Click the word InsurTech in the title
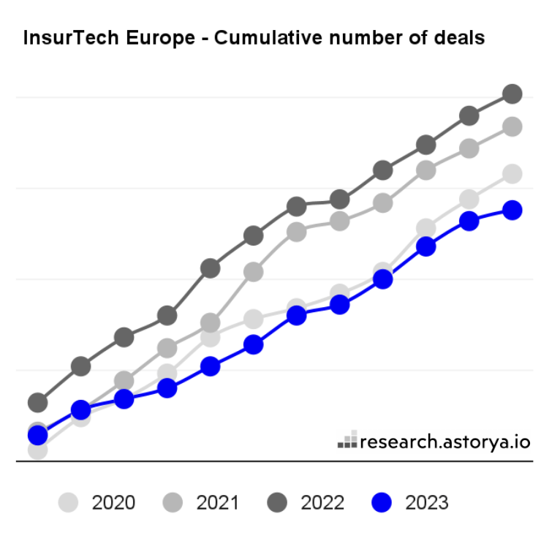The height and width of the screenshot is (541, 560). pyautogui.click(x=65, y=38)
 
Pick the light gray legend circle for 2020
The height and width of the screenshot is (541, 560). pyautogui.click(x=68, y=503)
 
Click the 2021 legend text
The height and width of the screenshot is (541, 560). pyautogui.click(x=217, y=503)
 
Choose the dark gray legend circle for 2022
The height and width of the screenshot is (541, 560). pyautogui.click(x=278, y=503)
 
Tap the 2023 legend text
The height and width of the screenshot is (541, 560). pyautogui.click(x=427, y=503)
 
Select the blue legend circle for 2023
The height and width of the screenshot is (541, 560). pyautogui.click(x=382, y=503)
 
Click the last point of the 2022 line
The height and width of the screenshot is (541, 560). pyautogui.click(x=512, y=94)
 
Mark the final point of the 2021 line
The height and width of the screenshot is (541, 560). pyautogui.click(x=512, y=127)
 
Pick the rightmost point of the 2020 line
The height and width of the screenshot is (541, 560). pyautogui.click(x=512, y=174)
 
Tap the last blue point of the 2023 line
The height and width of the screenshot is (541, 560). pyautogui.click(x=512, y=211)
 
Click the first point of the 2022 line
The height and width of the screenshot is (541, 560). pyautogui.click(x=37, y=402)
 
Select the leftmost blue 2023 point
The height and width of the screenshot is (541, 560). pyautogui.click(x=37, y=436)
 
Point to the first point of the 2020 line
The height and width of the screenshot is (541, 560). pyautogui.click(x=37, y=450)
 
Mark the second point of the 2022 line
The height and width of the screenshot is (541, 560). pyautogui.click(x=80, y=366)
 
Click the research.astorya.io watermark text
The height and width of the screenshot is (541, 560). pyautogui.click(x=445, y=442)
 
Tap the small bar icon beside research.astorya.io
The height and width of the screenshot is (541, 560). pyautogui.click(x=347, y=440)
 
